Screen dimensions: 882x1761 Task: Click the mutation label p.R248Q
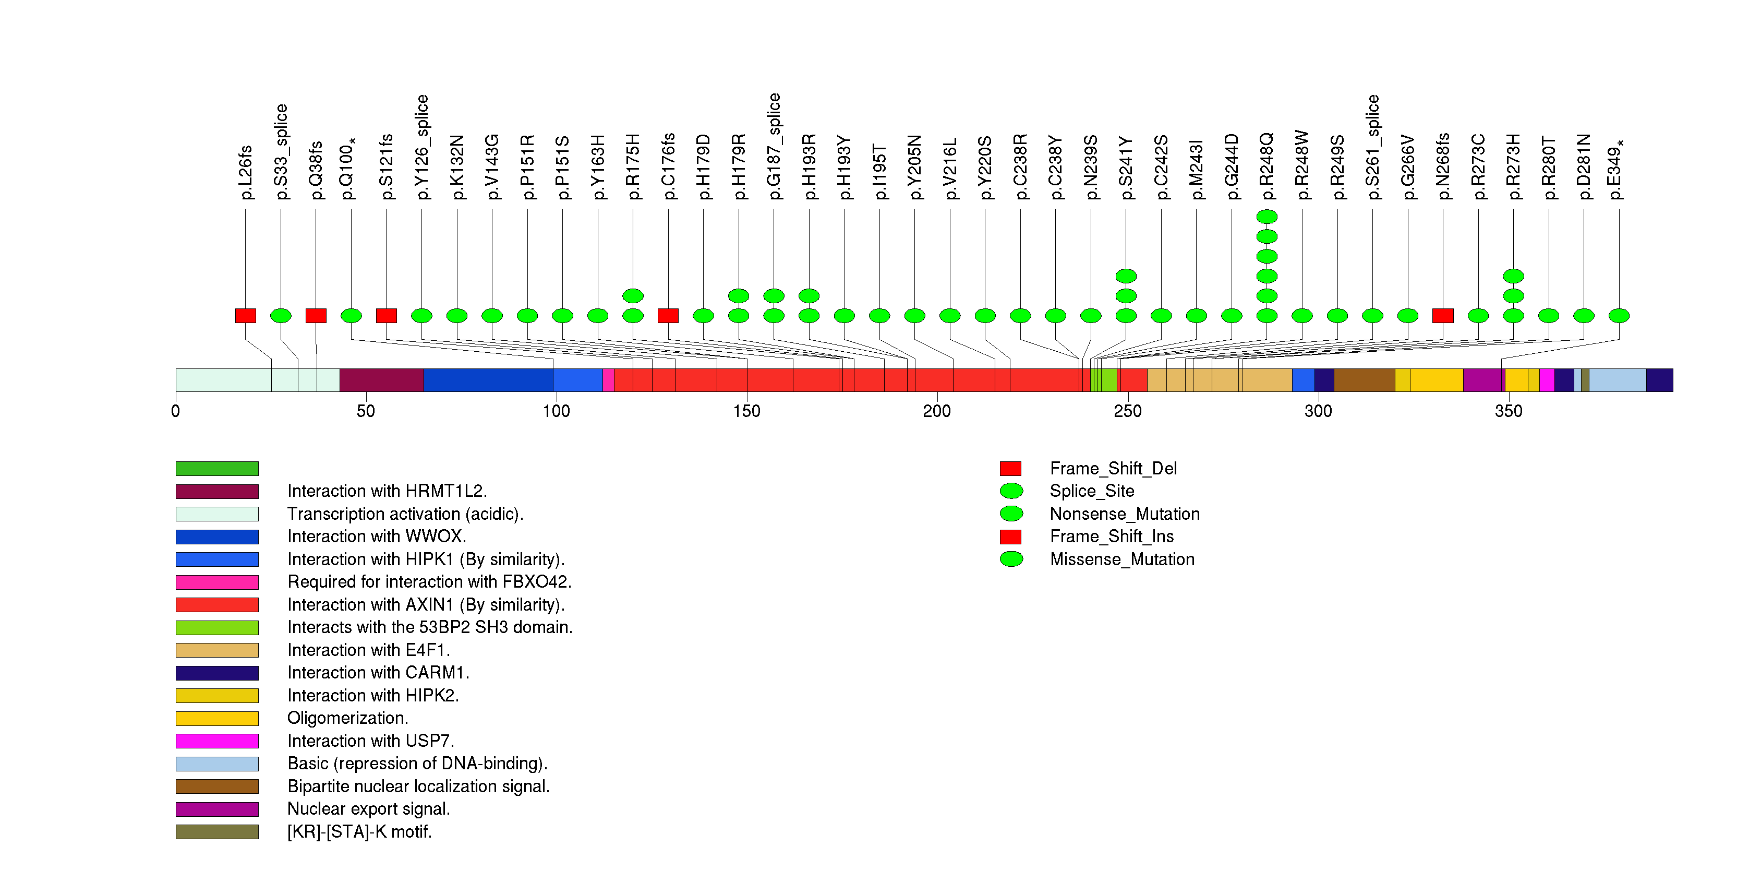1267,168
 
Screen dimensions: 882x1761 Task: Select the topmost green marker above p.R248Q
1267,217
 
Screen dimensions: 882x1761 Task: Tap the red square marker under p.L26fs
245,316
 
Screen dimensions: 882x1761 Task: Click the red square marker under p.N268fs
1442,316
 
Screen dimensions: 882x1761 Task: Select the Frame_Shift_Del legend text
1113,468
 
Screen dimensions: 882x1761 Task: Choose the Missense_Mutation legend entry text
1122,559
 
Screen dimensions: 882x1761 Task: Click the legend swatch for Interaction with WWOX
216,537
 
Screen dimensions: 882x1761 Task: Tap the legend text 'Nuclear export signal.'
368,809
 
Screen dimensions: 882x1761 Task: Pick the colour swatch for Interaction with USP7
216,741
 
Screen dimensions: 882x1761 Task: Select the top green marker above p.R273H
1513,276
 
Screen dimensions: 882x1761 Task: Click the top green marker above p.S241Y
1126,276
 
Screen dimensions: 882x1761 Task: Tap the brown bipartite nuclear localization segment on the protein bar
1364,380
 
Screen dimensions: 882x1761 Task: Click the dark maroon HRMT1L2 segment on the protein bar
381,380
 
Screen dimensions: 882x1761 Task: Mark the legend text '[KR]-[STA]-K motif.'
359,832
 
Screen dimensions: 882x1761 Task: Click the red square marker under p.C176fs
668,316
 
